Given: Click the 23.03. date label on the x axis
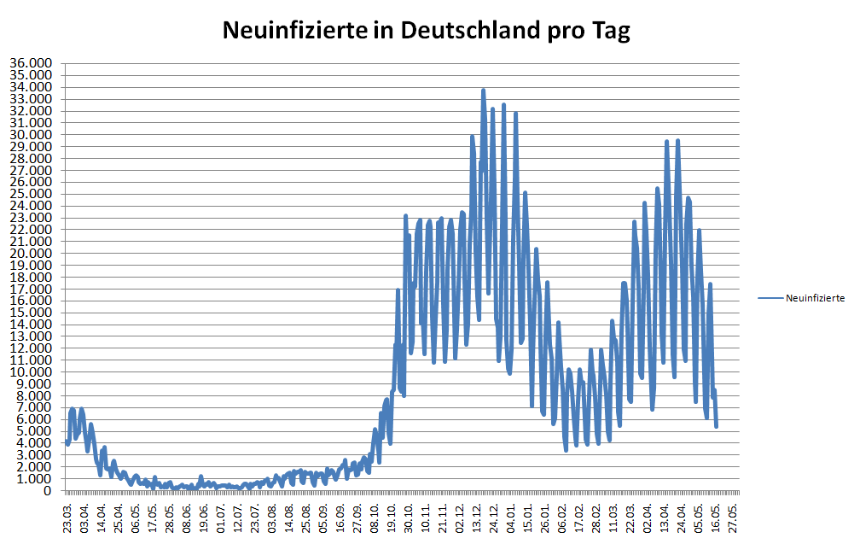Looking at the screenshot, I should pos(68,518).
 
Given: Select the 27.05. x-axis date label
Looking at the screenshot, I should pos(733,518).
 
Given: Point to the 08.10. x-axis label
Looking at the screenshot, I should pos(375,518).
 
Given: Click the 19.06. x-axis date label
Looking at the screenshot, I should pos(204,518).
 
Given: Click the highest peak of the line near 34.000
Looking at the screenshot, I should pos(483,90).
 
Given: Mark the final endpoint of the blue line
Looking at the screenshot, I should pos(717,426).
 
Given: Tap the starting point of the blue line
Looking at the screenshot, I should pos(67,442).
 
